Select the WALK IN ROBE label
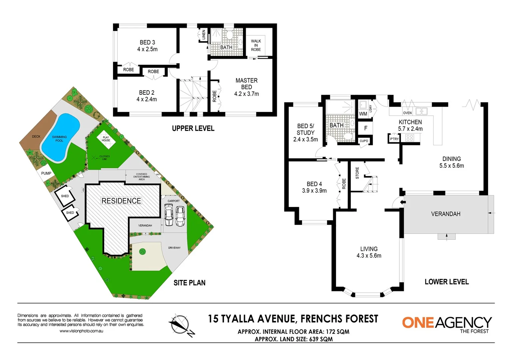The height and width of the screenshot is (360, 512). [256, 45]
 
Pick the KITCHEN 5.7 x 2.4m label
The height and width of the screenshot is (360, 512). [410, 125]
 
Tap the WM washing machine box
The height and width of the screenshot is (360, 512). [363, 114]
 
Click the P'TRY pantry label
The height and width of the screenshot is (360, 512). [394, 139]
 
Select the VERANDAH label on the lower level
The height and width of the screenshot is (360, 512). [445, 214]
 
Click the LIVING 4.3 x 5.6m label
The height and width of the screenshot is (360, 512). [369, 252]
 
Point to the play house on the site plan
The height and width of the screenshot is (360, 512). [106, 139]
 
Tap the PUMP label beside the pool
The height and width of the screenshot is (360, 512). [46, 173]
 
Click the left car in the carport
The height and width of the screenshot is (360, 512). [169, 215]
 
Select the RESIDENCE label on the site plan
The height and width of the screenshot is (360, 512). [121, 201]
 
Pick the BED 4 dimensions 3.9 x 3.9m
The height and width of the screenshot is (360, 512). [314, 191]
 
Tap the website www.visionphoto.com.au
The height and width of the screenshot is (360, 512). [81, 331]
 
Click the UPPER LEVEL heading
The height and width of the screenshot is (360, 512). [193, 128]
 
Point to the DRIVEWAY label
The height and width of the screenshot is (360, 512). [174, 248]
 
